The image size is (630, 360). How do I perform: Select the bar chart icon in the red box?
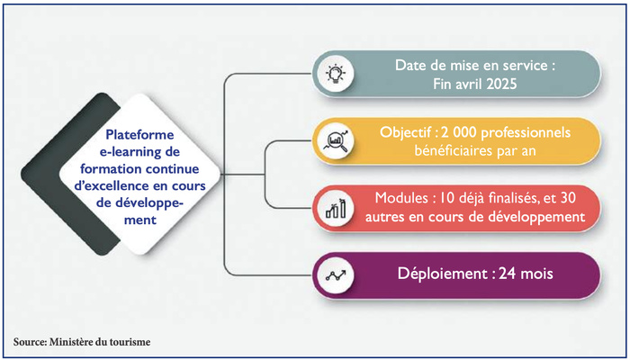pos(335,209)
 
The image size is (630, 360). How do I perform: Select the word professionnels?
pos(526,133)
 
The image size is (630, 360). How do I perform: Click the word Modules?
pos(396,198)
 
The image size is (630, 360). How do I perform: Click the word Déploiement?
pos(443,274)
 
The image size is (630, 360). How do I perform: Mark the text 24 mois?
pos(526,274)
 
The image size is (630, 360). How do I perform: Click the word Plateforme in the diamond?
pos(139,135)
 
